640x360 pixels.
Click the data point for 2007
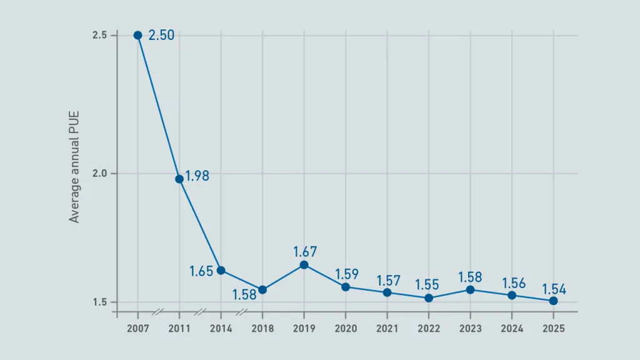[x=137, y=35]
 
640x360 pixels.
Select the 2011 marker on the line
[x=179, y=179]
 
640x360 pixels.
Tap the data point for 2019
[x=304, y=265]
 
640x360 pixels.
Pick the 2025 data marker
[x=553, y=301]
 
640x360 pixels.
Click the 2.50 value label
[x=161, y=36]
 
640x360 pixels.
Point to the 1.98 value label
[x=197, y=176]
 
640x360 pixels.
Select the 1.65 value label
[x=201, y=271]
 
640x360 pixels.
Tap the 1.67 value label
[x=305, y=252]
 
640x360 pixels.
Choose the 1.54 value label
[x=554, y=289]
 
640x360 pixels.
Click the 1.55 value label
[x=428, y=286]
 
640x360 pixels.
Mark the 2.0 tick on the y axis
[x=100, y=174]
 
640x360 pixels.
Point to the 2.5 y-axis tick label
[x=100, y=35]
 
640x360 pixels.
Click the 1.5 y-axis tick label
[x=100, y=302]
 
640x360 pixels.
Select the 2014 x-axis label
[x=221, y=328]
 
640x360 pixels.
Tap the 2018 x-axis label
[x=262, y=328]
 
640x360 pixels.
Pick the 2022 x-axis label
[x=429, y=328]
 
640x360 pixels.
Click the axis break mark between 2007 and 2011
[x=159, y=311]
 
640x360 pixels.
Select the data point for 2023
[x=470, y=289]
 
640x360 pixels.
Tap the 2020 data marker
[x=346, y=287]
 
